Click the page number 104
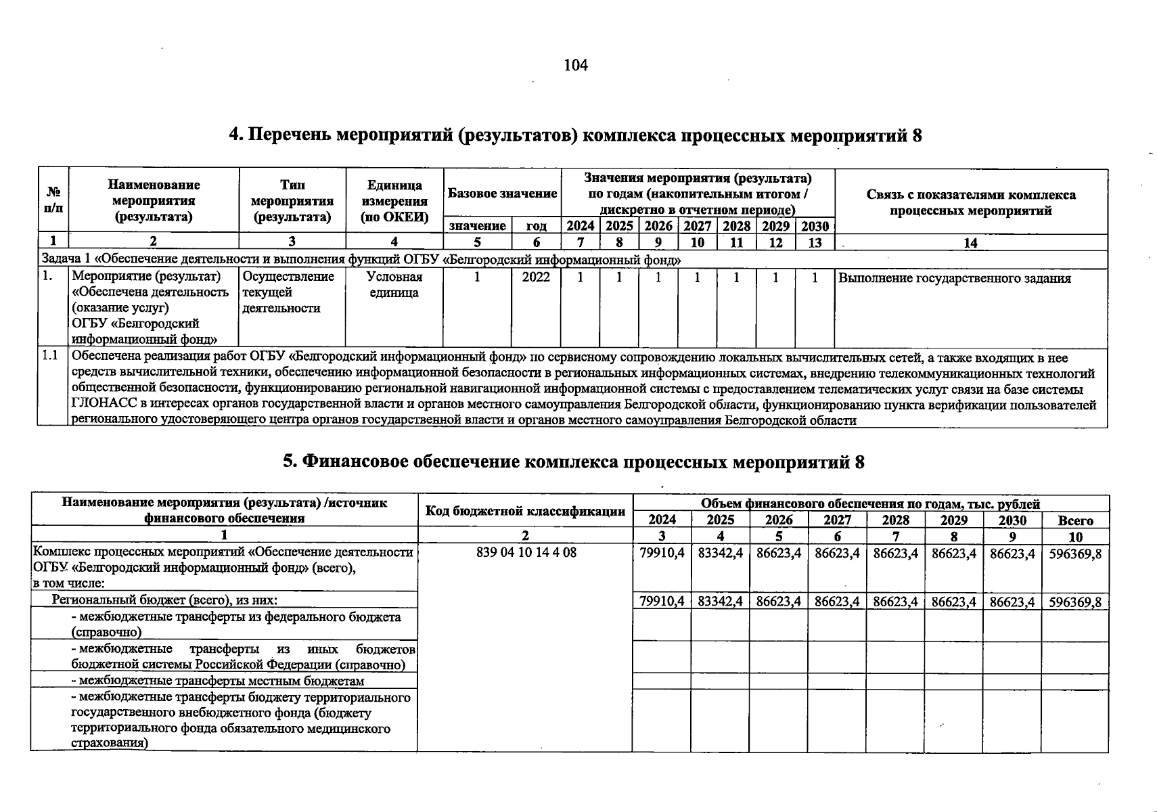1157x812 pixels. click(576, 65)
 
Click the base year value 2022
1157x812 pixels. click(536, 277)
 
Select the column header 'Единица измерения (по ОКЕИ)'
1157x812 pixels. click(394, 201)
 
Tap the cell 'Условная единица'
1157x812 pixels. click(394, 285)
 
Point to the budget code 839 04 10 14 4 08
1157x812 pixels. click(526, 552)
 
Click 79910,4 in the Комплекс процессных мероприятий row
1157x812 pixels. click(662, 553)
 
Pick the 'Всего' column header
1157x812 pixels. click(1075, 520)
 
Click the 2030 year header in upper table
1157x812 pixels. click(815, 226)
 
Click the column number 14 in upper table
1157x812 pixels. click(970, 243)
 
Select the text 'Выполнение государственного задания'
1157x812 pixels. click(954, 278)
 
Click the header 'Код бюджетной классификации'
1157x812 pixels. click(525, 511)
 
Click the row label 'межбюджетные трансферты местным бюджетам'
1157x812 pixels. click(221, 681)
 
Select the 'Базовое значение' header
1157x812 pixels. click(502, 194)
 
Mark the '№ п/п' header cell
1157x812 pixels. click(53, 201)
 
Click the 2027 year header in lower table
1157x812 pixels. click(837, 520)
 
